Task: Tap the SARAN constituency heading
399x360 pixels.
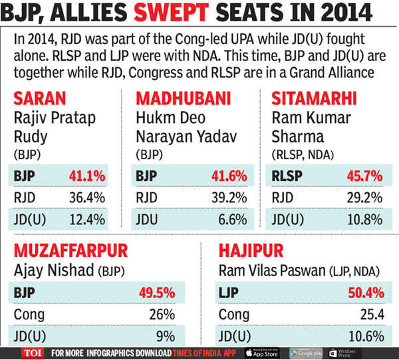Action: point(41,100)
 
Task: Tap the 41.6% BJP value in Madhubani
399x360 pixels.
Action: point(228,177)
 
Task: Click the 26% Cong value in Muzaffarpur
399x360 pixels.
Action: point(163,314)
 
